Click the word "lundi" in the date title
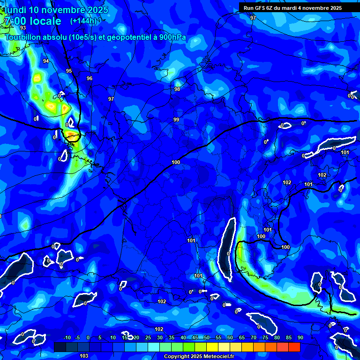(x=15, y=10)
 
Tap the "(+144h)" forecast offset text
(x=83, y=21)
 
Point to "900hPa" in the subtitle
(x=170, y=37)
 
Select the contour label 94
(x=46, y=61)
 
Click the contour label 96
(x=90, y=79)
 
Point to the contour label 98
(x=177, y=90)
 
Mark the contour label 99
(x=176, y=120)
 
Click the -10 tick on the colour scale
(x=67, y=338)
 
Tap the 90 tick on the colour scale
(x=300, y=338)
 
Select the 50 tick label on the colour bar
(x=207, y=338)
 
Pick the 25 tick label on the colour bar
(x=148, y=338)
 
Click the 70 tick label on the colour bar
(x=254, y=338)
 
